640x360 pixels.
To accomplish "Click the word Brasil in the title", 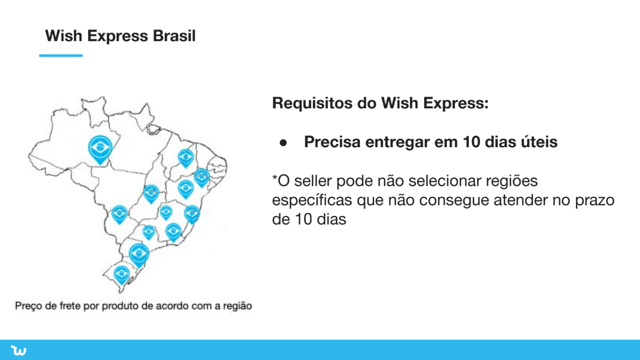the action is (x=174, y=36).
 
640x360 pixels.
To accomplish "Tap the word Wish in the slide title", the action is (x=63, y=36).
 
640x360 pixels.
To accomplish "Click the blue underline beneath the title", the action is (x=61, y=55).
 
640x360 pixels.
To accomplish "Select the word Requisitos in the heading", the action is (x=312, y=103).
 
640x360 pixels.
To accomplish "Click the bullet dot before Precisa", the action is (x=283, y=142).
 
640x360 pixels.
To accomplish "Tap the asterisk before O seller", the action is (x=275, y=178).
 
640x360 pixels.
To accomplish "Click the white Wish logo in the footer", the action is (x=19, y=350).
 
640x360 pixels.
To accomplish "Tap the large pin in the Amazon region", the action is (x=100, y=150).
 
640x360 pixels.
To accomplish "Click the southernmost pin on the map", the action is (x=122, y=275).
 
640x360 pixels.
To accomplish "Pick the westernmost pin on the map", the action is (x=100, y=150).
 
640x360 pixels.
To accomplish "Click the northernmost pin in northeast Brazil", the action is (x=186, y=158).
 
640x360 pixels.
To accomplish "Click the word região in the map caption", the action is (x=237, y=306).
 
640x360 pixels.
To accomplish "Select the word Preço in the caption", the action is (x=28, y=306).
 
